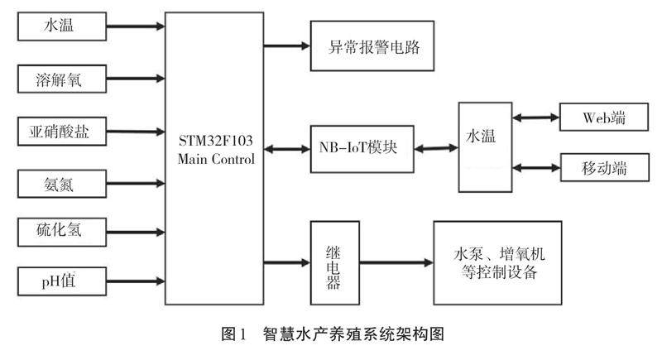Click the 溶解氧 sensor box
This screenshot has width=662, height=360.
[x=60, y=79]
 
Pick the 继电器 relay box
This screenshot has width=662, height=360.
[x=333, y=262]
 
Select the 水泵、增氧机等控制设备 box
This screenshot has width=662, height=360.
[x=496, y=262]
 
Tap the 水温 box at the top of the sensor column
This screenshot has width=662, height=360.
[x=60, y=26]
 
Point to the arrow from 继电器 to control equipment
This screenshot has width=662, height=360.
[x=394, y=263]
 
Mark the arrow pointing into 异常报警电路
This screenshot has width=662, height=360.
[x=285, y=46]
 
